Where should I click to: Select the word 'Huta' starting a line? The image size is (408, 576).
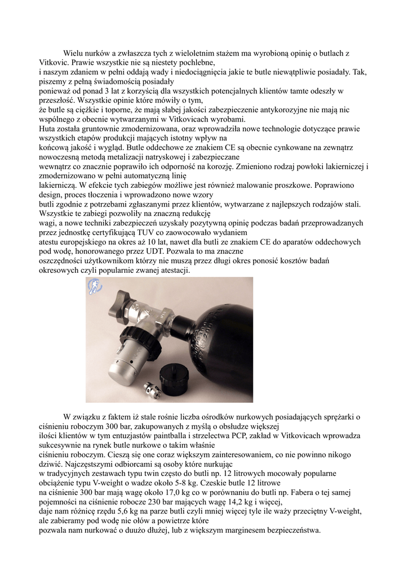47,129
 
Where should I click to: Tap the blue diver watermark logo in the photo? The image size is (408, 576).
94,286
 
